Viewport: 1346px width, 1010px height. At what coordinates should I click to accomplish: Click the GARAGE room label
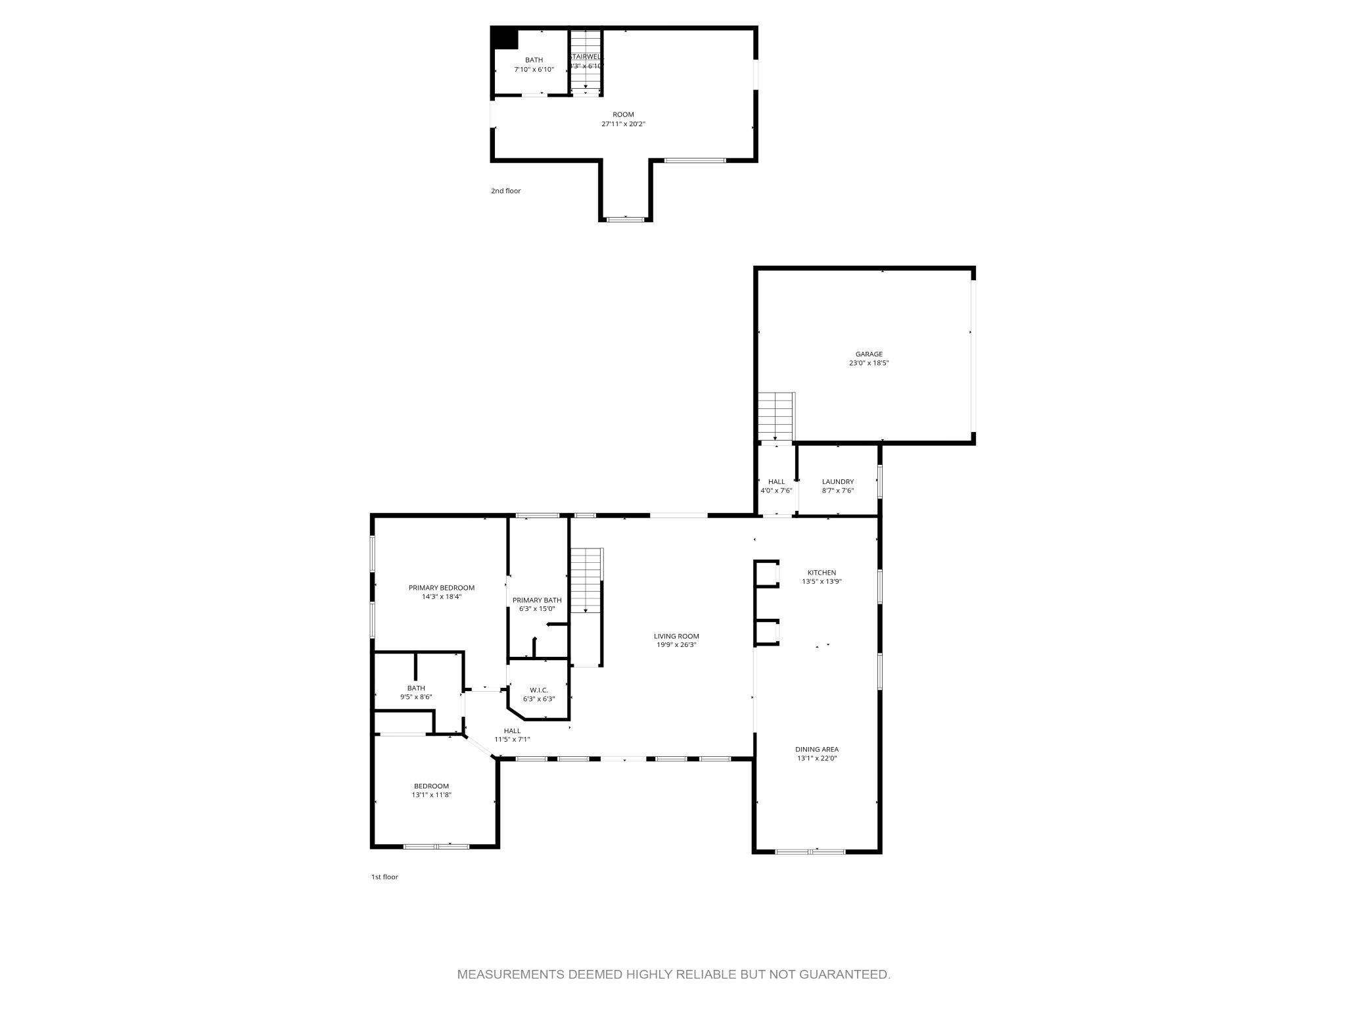point(869,354)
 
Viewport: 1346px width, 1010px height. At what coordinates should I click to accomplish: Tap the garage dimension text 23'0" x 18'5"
point(869,363)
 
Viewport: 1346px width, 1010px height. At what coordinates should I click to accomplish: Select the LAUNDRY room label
point(837,481)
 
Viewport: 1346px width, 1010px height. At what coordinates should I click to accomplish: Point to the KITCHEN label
point(822,573)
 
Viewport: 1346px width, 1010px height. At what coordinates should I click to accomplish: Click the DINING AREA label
point(816,749)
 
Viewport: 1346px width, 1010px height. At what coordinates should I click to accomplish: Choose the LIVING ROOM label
point(676,636)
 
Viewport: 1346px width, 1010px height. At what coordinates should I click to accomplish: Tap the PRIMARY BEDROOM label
point(441,588)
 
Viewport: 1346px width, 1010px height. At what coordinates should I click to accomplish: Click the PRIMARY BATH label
point(537,600)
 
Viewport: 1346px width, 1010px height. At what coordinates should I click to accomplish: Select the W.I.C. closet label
point(538,690)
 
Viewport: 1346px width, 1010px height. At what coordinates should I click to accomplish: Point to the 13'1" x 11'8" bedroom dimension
point(431,795)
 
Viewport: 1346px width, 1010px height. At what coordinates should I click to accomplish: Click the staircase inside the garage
point(776,416)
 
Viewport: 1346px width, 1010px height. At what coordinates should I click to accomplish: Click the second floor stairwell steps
point(586,69)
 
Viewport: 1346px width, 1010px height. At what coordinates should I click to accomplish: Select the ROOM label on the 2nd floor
point(623,114)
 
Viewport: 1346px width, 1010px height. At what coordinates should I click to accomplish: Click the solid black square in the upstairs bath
point(505,38)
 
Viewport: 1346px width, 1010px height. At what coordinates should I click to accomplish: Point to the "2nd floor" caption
point(505,191)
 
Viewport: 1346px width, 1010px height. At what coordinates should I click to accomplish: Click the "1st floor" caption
point(384,877)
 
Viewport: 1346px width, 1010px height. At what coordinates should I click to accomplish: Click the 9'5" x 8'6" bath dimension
point(415,697)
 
